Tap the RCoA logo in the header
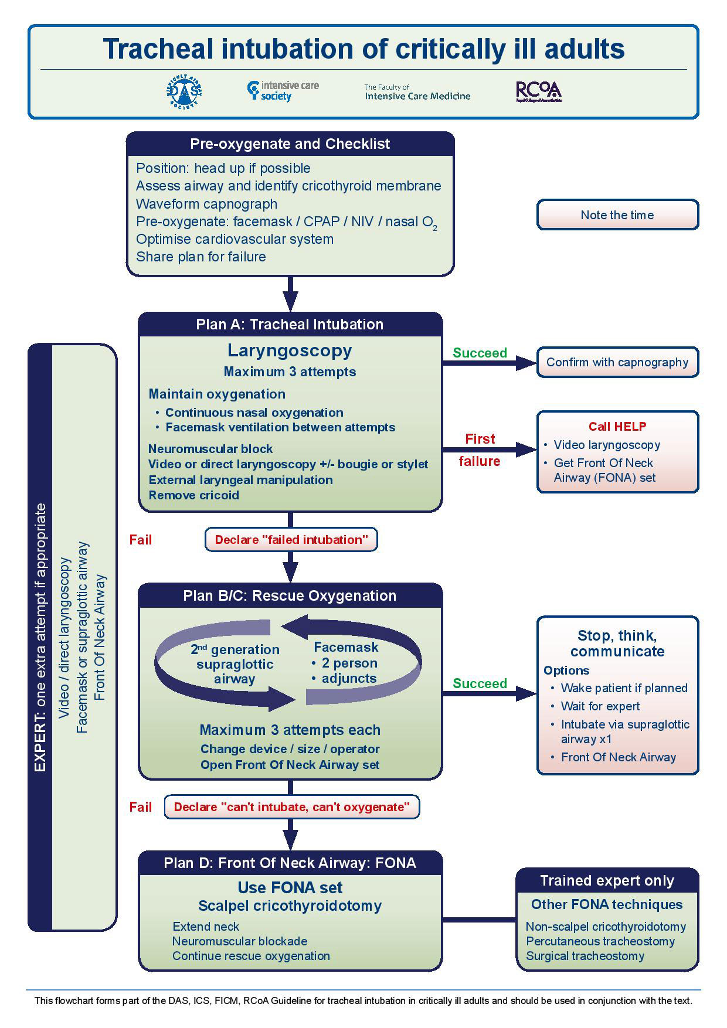click(x=538, y=91)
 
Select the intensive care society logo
click(x=283, y=91)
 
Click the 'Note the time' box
click(x=617, y=215)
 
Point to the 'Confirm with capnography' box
click(x=617, y=362)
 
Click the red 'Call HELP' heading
click(x=617, y=427)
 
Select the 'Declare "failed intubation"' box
click(x=291, y=540)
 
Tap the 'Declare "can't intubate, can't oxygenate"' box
click(x=291, y=807)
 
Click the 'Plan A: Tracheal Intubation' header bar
click(x=290, y=324)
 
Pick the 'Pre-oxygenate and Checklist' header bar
click(x=290, y=144)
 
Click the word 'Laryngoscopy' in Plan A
click(x=290, y=350)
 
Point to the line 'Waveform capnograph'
click(x=206, y=204)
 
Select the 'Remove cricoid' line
click(x=193, y=495)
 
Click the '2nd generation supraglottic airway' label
click(x=235, y=664)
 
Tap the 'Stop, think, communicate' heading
click(x=617, y=644)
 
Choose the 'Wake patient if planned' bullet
click(x=624, y=688)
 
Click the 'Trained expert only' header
click(x=607, y=881)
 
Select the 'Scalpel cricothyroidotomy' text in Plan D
click(x=290, y=906)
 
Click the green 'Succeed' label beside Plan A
click(x=480, y=353)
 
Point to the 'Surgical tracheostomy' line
click(x=585, y=956)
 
